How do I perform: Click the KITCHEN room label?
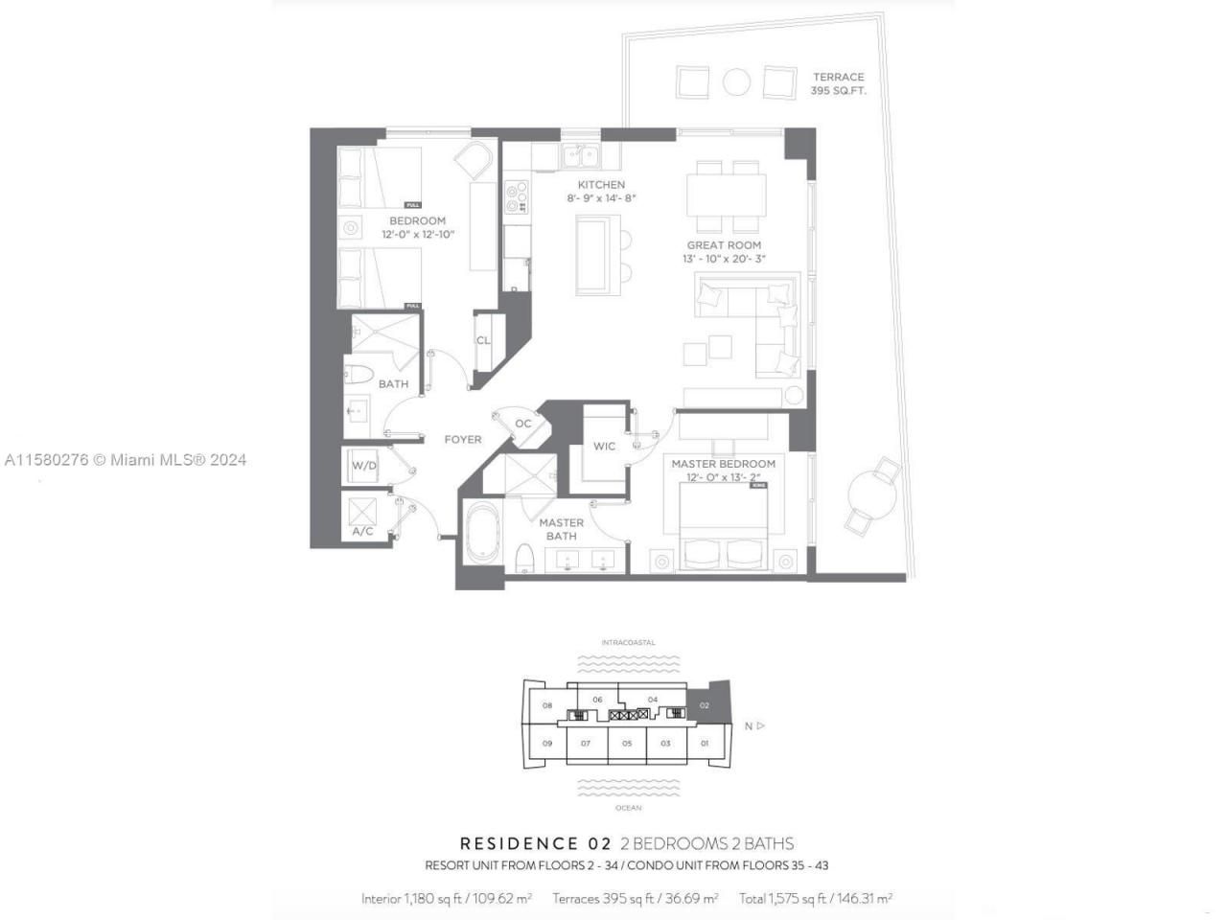601,185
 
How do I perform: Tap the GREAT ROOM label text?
724,245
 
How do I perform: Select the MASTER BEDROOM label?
723,464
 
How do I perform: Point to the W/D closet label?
364,467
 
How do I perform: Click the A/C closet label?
363,531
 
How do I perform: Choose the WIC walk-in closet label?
604,447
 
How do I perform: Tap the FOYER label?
463,440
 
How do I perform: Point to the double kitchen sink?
579,156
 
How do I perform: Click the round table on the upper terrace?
736,82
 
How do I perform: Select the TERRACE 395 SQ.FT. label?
839,83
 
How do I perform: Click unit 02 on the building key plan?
705,705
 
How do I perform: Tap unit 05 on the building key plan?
626,743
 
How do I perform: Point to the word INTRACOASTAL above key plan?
628,642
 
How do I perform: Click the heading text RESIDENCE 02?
535,844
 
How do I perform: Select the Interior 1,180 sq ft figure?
447,899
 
